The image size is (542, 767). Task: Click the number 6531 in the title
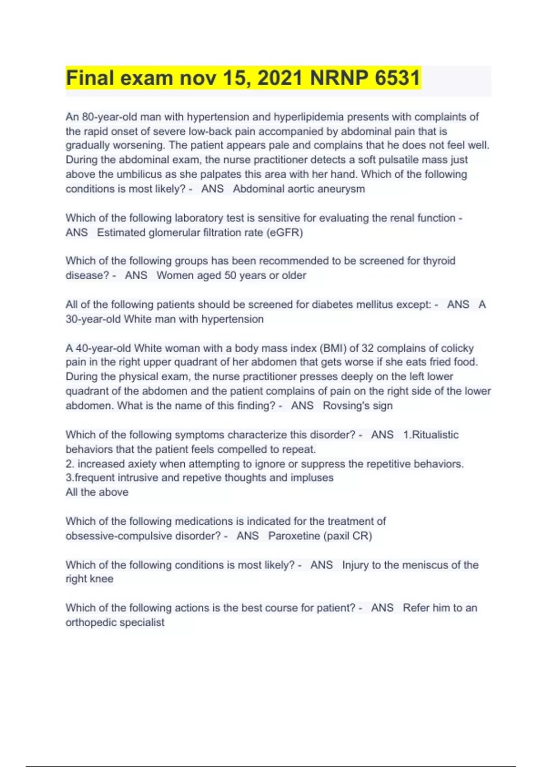point(397,78)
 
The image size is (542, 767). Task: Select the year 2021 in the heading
point(280,78)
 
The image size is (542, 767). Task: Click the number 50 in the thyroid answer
point(230,276)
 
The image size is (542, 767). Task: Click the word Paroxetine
point(294,536)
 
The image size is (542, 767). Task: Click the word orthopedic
point(93,623)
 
